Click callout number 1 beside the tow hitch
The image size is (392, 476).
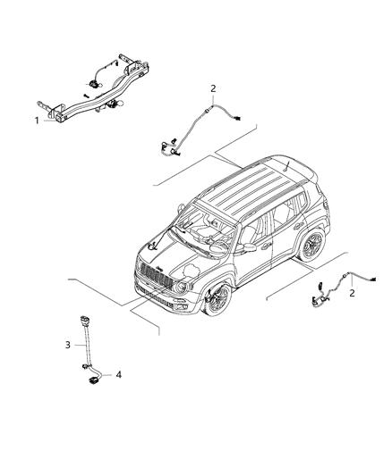(37, 121)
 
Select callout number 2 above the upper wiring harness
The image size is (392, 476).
(213, 88)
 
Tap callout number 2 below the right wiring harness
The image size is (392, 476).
(352, 293)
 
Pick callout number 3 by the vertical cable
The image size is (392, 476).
(67, 345)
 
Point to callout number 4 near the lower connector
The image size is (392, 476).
(119, 374)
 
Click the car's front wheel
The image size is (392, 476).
(217, 299)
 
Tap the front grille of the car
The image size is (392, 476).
(154, 275)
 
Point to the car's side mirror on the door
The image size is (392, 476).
(249, 247)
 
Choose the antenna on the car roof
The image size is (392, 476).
(286, 166)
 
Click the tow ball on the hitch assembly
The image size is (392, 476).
(120, 103)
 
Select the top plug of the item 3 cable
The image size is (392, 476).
(83, 321)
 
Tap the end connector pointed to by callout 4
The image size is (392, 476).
(92, 380)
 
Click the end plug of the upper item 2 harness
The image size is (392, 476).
(237, 118)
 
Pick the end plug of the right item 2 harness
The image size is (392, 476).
(372, 279)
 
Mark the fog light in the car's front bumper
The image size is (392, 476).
(179, 306)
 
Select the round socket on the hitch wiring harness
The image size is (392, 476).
(92, 84)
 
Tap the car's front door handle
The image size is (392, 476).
(267, 245)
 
